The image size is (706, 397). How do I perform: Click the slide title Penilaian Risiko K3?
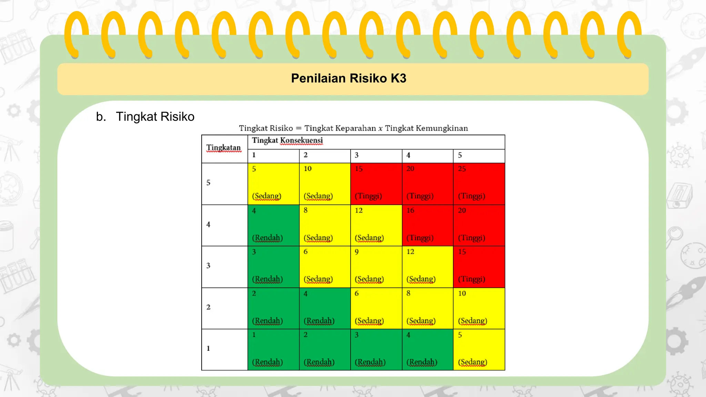coord(349,78)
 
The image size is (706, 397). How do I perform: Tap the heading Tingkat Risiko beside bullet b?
coord(155,116)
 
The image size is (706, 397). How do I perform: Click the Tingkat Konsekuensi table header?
coord(288,141)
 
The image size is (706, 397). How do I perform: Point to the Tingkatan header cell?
coord(224,148)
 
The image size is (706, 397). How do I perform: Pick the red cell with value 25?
coord(479,184)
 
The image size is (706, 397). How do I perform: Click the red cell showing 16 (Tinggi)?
coord(427,225)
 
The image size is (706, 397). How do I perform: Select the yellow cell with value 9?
coord(376,267)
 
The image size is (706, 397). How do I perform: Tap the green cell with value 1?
coord(273,349)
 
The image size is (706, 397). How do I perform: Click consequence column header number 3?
coord(357,155)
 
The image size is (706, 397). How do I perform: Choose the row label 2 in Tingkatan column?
coord(209,307)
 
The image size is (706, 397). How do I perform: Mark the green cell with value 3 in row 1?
coord(376,349)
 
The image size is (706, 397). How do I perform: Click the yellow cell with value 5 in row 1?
coord(479,349)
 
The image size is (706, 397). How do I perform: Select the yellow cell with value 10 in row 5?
coord(325,184)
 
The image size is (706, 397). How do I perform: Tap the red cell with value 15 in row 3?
coord(479,267)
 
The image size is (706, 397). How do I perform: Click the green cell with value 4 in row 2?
coord(325,308)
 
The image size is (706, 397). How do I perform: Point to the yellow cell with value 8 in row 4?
coord(325,225)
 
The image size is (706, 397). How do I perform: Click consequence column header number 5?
coord(460,155)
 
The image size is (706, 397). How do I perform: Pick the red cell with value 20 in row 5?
coord(427,184)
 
